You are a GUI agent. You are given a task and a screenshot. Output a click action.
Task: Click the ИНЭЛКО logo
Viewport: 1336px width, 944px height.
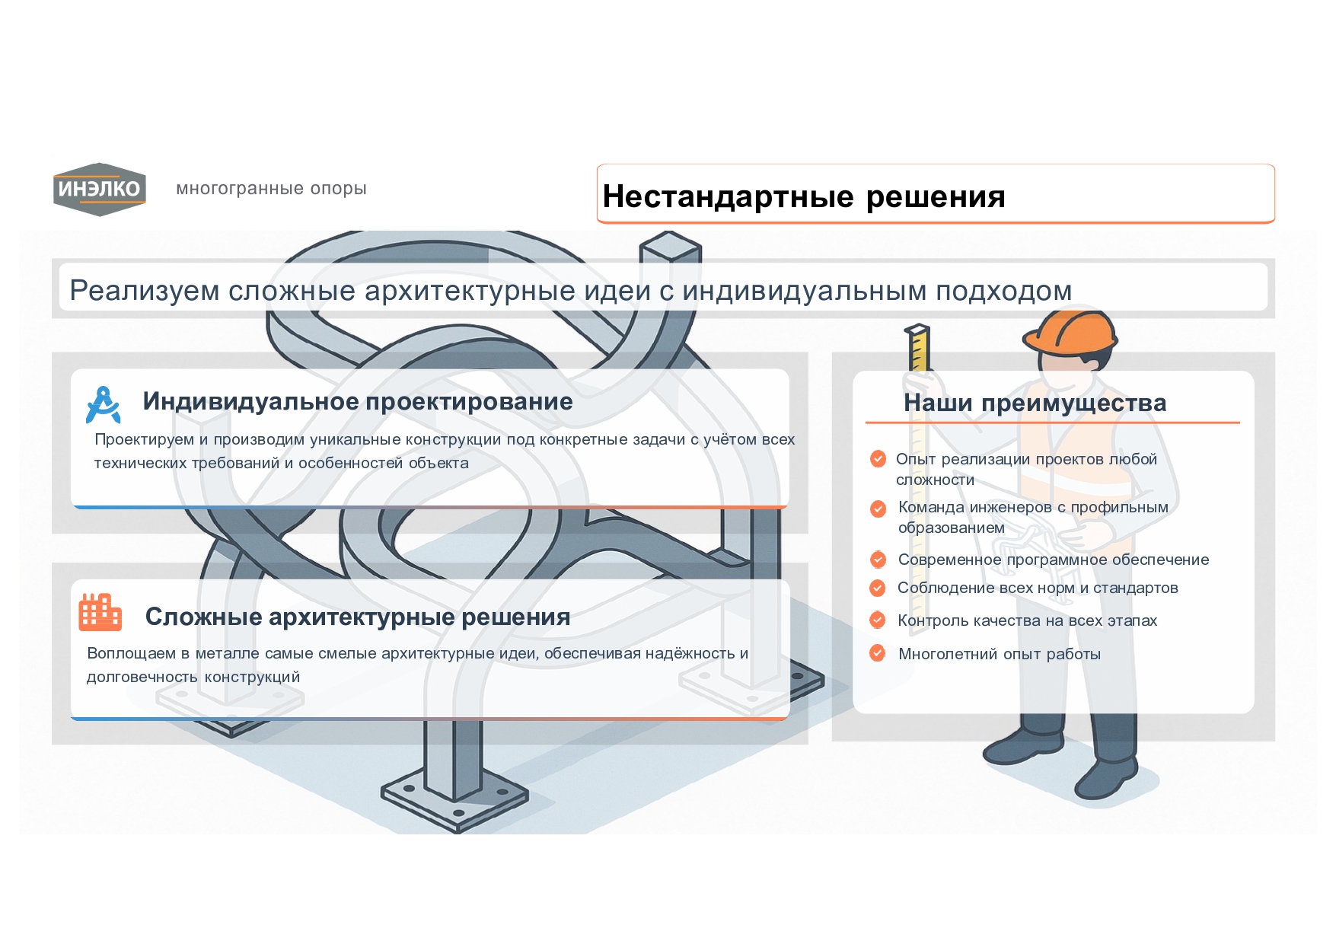click(99, 189)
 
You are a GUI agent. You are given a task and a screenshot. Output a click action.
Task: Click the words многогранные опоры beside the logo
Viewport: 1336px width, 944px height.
click(271, 188)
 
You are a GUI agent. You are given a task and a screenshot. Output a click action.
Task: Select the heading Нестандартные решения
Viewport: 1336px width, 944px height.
click(803, 196)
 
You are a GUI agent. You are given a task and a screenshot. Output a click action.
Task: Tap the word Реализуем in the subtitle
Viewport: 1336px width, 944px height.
click(144, 291)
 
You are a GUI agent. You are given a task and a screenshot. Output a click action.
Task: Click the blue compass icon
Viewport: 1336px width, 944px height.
click(104, 404)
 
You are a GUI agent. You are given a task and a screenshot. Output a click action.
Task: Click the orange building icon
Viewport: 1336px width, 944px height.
click(100, 613)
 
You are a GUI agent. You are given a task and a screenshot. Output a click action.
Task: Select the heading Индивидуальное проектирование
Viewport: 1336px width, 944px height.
click(357, 401)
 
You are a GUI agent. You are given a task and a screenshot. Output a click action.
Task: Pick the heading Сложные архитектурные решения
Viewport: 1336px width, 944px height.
click(357, 617)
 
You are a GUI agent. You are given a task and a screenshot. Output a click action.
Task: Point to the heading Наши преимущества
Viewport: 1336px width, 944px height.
click(1035, 403)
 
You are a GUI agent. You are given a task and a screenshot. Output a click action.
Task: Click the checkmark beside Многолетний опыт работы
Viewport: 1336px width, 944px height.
click(878, 653)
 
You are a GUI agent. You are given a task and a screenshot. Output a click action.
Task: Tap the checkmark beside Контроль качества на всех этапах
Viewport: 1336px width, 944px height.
click(878, 620)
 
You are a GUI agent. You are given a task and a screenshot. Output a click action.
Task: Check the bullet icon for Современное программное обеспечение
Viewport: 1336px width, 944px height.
click(878, 560)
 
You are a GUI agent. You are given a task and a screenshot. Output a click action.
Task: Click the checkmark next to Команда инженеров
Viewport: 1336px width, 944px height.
click(878, 508)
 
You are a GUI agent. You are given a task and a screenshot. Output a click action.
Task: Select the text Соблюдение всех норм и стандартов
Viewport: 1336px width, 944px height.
click(1037, 588)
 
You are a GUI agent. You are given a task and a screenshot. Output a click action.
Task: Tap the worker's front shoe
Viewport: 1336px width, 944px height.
click(1108, 780)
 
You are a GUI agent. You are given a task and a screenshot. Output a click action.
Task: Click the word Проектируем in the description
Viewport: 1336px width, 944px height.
click(144, 439)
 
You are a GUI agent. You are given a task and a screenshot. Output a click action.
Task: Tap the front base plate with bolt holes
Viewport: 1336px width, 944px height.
click(454, 799)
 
